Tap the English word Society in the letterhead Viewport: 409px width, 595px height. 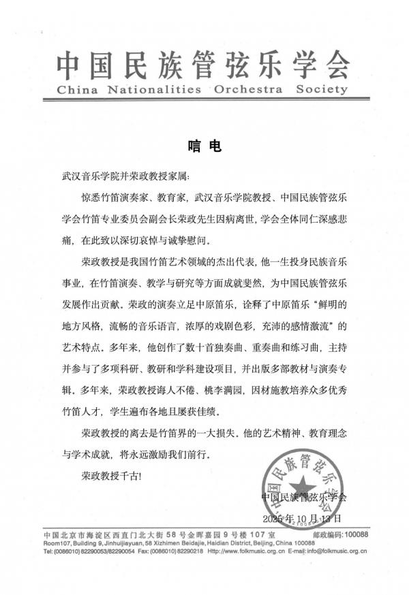pos(324,89)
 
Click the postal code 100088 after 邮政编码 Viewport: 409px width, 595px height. pos(357,535)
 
